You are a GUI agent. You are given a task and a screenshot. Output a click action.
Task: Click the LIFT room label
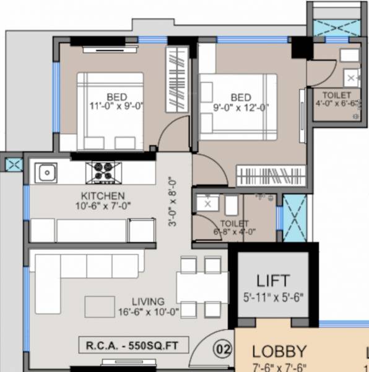click(273, 280)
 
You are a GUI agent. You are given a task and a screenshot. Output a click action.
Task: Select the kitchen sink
click(45, 172)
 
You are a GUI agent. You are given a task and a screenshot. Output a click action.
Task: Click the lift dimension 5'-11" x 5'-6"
click(273, 296)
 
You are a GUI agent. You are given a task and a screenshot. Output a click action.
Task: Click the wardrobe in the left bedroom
click(176, 79)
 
